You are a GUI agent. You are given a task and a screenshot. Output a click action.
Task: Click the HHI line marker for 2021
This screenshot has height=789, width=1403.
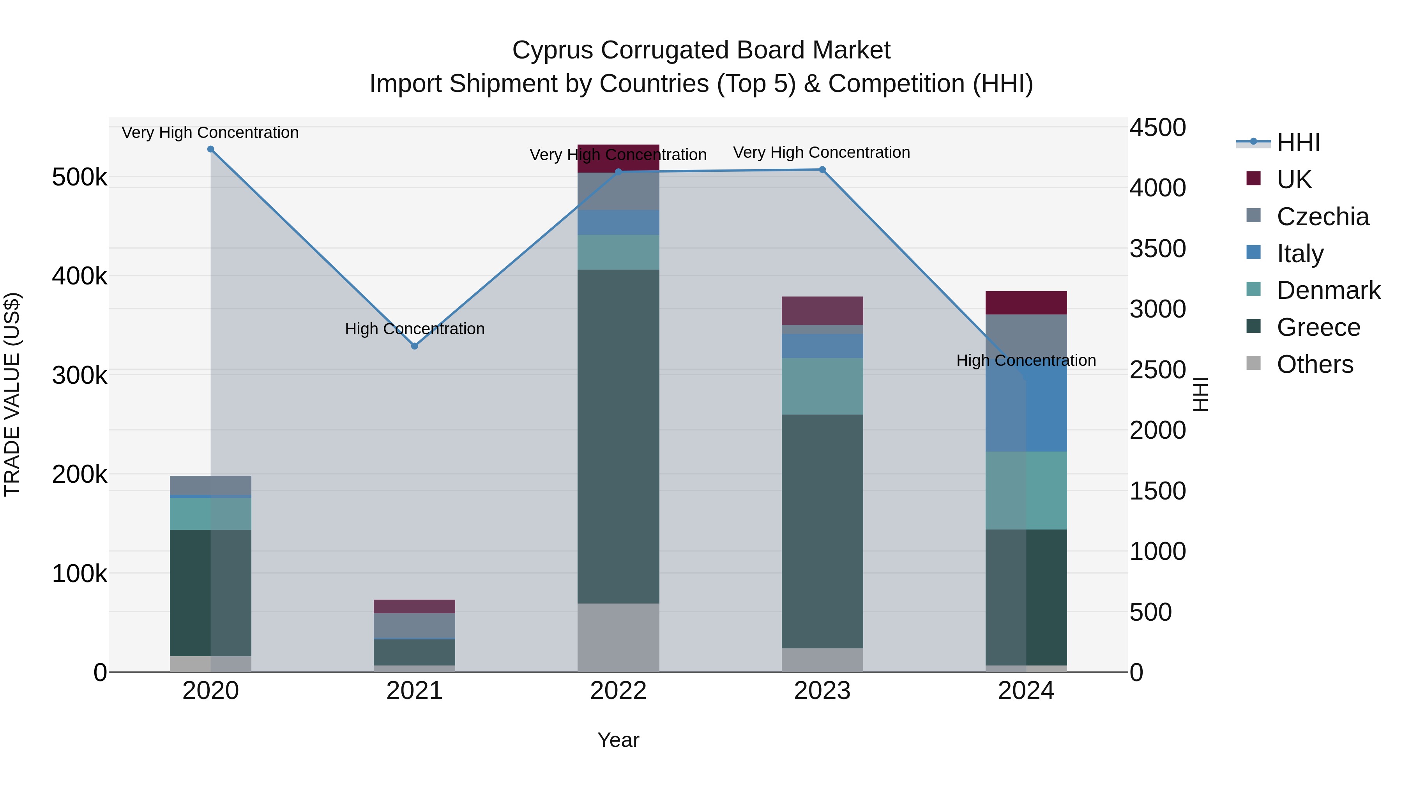click(x=415, y=346)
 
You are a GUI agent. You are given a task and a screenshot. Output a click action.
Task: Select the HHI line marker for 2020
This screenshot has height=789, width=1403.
click(x=211, y=149)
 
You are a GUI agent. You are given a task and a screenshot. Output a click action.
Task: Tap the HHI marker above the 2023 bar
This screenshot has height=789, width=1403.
click(x=822, y=170)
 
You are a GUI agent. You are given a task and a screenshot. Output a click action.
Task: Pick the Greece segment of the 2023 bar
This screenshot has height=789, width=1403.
click(x=822, y=531)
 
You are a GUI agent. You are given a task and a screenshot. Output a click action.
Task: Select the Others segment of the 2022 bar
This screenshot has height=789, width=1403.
click(x=618, y=637)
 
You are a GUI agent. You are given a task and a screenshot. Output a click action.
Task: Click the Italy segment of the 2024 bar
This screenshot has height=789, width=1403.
click(x=1026, y=408)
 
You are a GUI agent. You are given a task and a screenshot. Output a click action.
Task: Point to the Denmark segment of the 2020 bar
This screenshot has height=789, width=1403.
click(x=211, y=514)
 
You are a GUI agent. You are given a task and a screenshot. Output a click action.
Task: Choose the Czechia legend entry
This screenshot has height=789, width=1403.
click(x=1322, y=216)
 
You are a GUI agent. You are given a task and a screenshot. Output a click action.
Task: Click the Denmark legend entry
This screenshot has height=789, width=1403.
click(x=1328, y=290)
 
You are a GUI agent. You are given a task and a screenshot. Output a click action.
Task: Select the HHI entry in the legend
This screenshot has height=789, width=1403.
click(x=1298, y=143)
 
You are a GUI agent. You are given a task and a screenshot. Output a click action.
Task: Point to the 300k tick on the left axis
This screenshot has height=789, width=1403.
click(x=80, y=375)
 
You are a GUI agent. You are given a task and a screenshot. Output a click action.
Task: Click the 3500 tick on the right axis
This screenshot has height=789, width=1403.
click(x=1157, y=249)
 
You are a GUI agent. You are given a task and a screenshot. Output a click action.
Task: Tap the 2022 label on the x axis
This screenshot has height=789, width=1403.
click(x=618, y=691)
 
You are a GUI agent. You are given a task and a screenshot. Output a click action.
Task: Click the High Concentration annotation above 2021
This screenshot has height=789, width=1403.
click(x=415, y=329)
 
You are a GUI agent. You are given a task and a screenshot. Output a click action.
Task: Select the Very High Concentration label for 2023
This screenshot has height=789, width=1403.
click(x=821, y=152)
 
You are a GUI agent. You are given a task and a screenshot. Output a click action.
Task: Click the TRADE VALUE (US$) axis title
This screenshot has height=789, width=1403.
click(x=12, y=394)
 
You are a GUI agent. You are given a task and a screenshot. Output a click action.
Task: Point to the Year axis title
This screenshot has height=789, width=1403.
click(x=618, y=740)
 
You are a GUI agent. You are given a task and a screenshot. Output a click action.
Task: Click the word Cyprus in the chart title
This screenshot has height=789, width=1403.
click(x=552, y=50)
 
